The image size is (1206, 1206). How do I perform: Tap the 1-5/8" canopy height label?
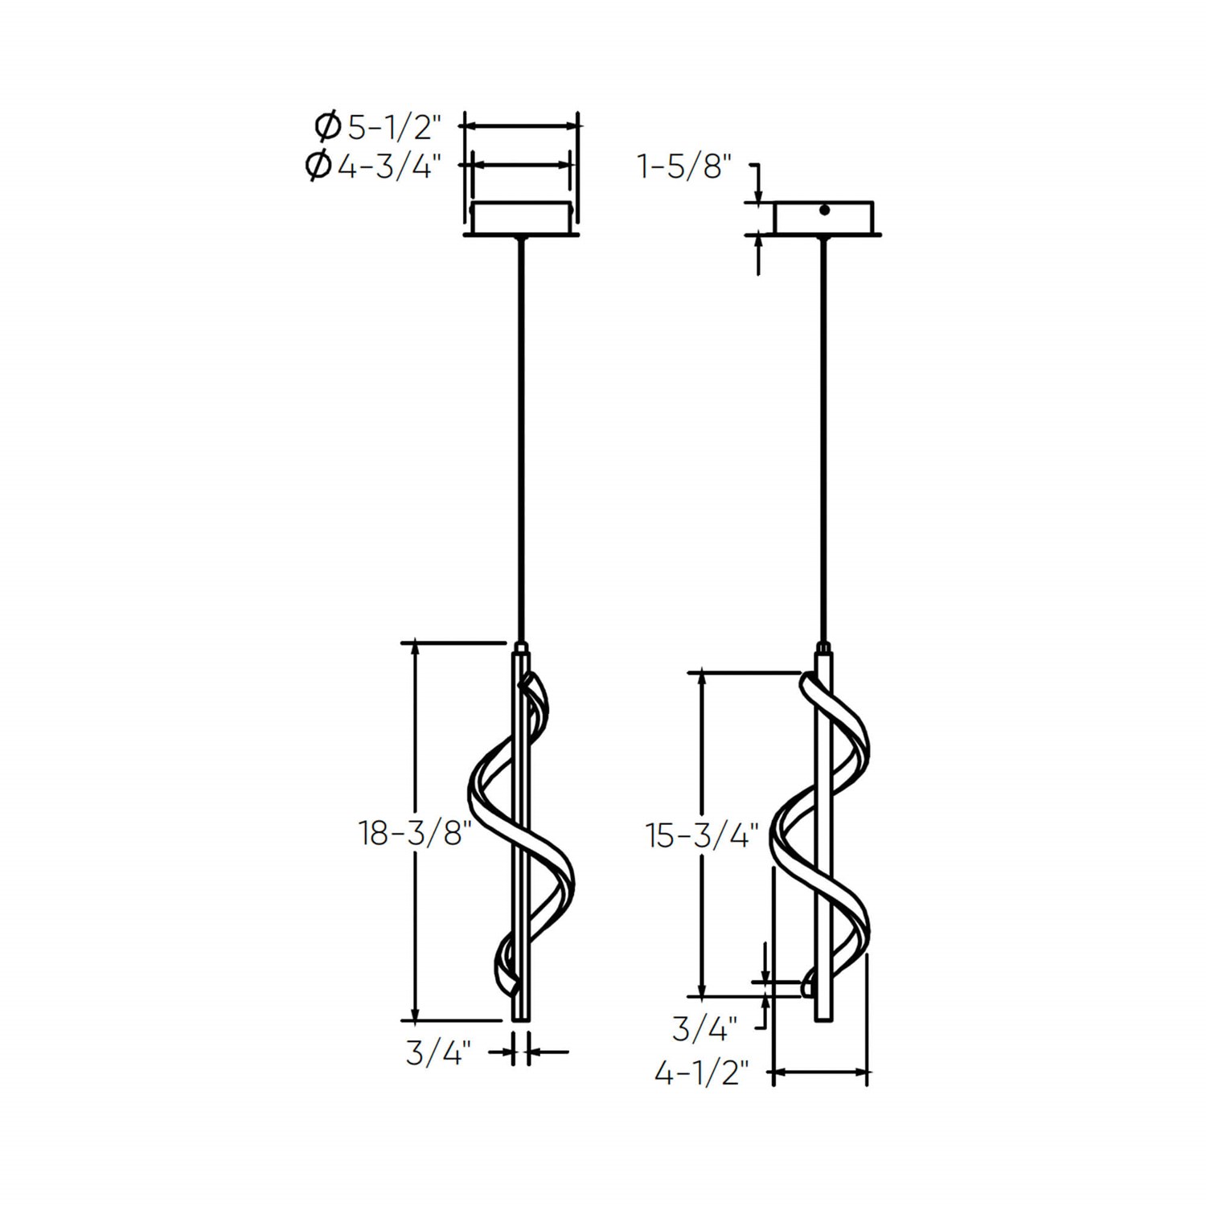coord(684,167)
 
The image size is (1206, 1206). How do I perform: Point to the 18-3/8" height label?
coord(414,833)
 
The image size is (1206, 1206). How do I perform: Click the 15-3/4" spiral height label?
coord(702,836)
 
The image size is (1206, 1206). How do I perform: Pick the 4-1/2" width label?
coord(701,1073)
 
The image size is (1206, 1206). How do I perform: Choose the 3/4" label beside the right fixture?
coord(705,1028)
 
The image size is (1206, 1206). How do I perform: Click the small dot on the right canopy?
coord(824,211)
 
